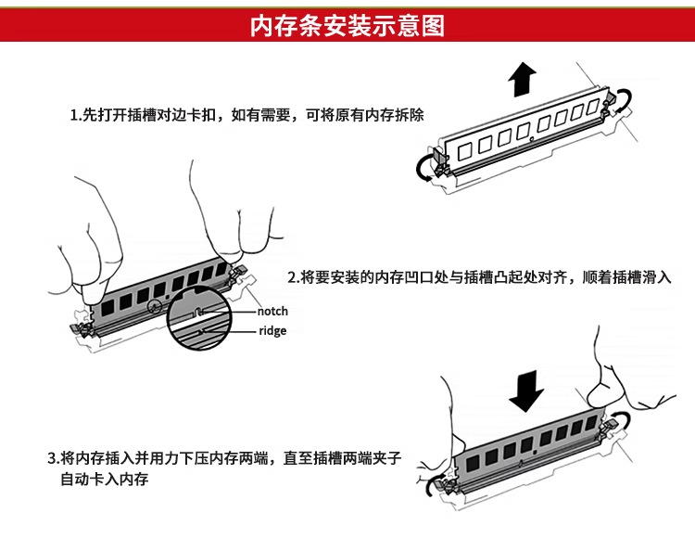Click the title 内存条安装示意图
pyautogui.click(x=347, y=25)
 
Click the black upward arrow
pyautogui.click(x=521, y=80)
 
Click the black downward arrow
pyautogui.click(x=526, y=391)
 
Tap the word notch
pyautogui.click(x=272, y=312)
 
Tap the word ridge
pyautogui.click(x=272, y=331)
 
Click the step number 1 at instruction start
pyautogui.click(x=75, y=117)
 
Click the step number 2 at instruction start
pyautogui.click(x=291, y=277)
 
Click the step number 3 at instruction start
pyautogui.click(x=52, y=459)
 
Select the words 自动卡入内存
pyautogui.click(x=104, y=480)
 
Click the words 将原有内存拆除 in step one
pyautogui.click(x=371, y=117)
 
